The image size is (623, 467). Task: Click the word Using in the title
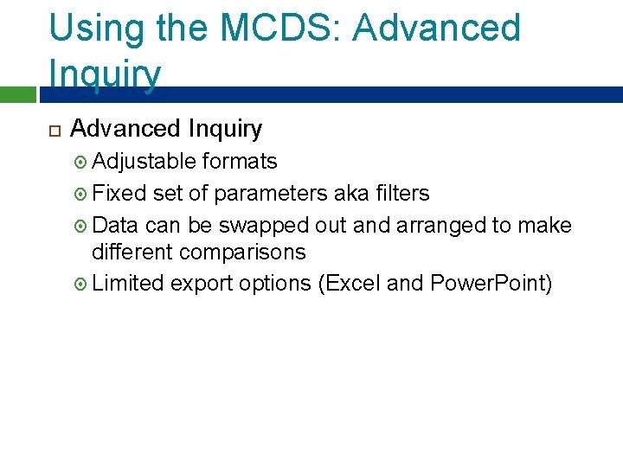pos(96,29)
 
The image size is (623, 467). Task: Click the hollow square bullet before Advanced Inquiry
pos(53,131)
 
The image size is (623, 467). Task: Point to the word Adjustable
pos(144,162)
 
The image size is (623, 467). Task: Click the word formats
pos(240,162)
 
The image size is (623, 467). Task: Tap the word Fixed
pos(119,193)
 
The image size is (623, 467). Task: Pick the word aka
pos(350,193)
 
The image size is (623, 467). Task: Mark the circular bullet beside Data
pos(81,226)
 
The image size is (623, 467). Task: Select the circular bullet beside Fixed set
pos(81,194)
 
